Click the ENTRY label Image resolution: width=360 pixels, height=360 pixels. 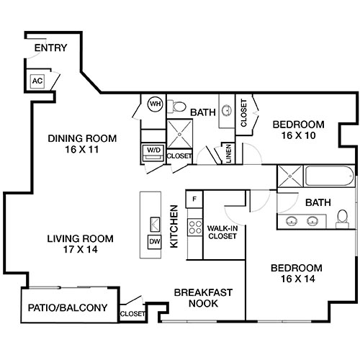click(50, 49)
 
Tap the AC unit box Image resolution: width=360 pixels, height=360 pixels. click(37, 81)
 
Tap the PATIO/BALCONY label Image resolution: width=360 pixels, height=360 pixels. click(68, 308)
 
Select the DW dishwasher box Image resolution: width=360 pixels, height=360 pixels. click(154, 242)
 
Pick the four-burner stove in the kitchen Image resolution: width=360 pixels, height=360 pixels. click(194, 228)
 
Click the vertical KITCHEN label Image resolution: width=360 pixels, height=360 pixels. click(174, 227)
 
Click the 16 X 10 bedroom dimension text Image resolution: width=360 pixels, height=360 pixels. click(297, 135)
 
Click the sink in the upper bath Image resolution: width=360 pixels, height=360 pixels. click(225, 111)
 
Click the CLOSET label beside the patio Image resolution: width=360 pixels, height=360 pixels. click(132, 314)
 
